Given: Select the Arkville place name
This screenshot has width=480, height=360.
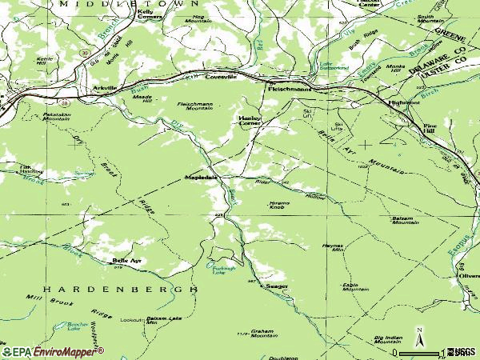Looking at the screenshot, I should pos(105,87).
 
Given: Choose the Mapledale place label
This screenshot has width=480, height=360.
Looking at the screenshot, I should pos(201,177).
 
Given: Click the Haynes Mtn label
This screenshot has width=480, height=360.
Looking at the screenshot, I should pos(332,248).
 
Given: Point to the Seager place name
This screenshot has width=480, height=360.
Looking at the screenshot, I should pos(277,286).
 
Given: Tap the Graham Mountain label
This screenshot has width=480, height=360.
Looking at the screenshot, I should pos(262,334).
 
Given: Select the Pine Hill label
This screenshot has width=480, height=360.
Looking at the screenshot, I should pos(430,128).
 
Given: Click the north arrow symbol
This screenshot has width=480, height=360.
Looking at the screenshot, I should pos(418,334).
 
